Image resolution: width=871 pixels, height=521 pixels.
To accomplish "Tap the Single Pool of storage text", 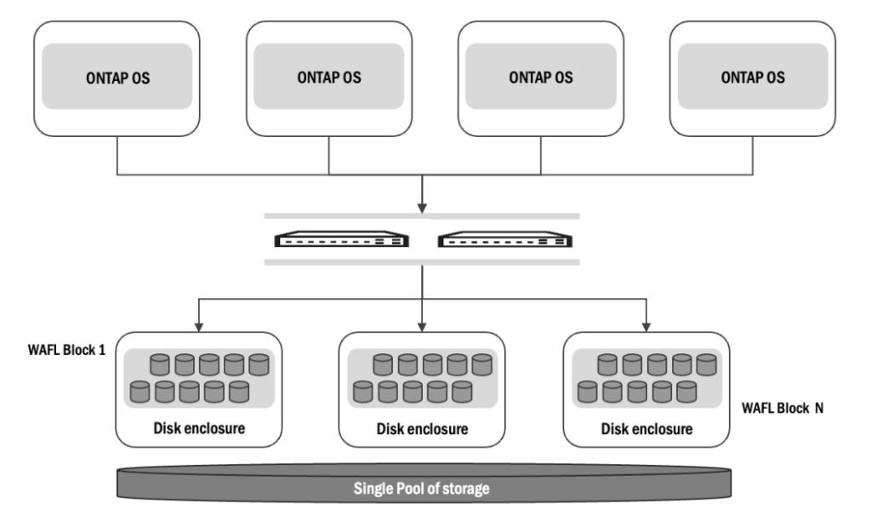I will click(x=424, y=490).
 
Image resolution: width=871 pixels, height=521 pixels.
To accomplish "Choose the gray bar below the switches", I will click(x=423, y=262).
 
